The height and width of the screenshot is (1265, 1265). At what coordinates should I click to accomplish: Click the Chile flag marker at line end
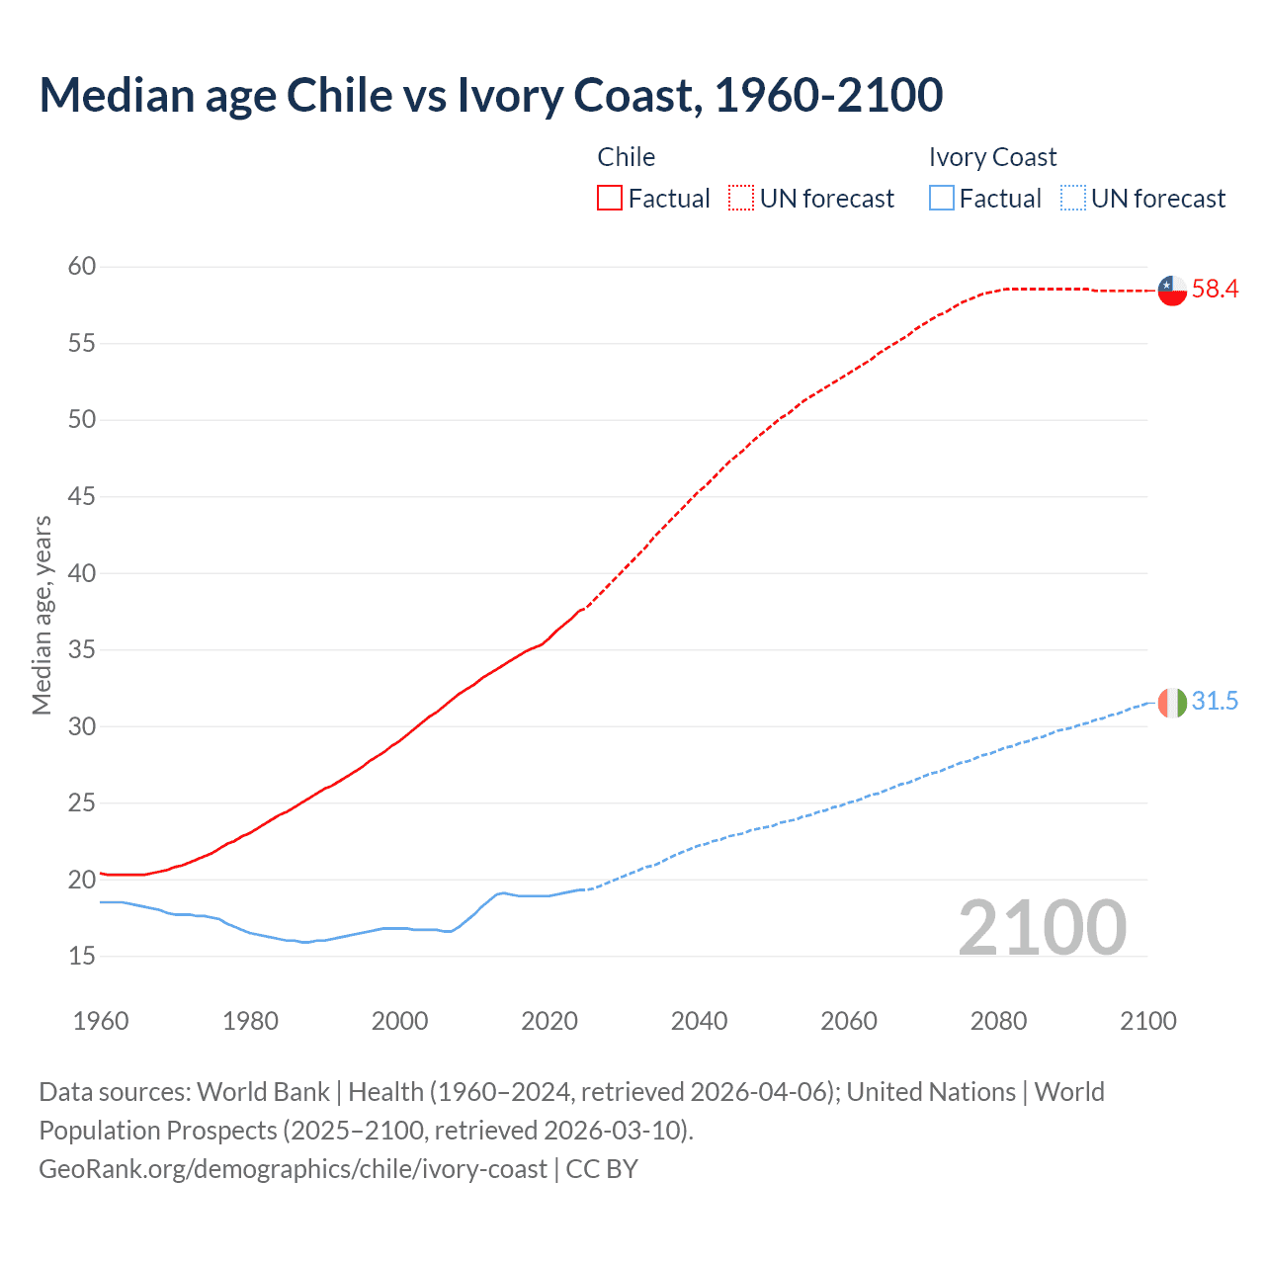pyautogui.click(x=1172, y=290)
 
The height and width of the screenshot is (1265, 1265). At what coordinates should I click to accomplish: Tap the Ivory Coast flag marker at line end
pyautogui.click(x=1172, y=702)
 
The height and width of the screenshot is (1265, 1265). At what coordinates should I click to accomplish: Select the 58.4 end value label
pyautogui.click(x=1215, y=290)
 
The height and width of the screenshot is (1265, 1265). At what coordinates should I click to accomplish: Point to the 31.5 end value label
pyautogui.click(x=1215, y=702)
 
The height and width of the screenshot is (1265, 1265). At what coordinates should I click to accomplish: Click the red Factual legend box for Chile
pyautogui.click(x=610, y=199)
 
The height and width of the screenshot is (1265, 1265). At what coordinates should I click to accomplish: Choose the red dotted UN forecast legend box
pyautogui.click(x=741, y=199)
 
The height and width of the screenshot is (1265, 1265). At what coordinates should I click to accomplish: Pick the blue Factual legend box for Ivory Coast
pyautogui.click(x=942, y=199)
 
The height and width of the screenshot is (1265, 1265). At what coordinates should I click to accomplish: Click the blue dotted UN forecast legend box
pyautogui.click(x=1072, y=199)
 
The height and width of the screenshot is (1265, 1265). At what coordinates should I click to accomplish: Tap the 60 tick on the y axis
pyautogui.click(x=82, y=267)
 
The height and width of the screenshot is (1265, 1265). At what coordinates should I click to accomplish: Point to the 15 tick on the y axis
pyautogui.click(x=82, y=956)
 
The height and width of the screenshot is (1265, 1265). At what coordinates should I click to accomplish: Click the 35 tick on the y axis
pyautogui.click(x=82, y=650)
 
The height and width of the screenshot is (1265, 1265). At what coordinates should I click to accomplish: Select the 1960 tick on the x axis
pyautogui.click(x=101, y=1021)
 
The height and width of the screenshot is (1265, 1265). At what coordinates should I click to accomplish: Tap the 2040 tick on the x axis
pyautogui.click(x=699, y=1021)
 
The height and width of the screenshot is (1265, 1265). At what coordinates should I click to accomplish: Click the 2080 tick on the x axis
pyautogui.click(x=998, y=1021)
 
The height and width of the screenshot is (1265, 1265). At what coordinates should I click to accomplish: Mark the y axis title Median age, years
pyautogui.click(x=42, y=615)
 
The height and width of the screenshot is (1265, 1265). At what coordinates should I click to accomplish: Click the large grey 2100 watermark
pyautogui.click(x=1042, y=927)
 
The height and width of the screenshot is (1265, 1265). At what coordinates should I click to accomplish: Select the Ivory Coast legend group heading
pyautogui.click(x=992, y=157)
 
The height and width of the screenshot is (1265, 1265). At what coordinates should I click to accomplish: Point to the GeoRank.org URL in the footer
pyautogui.click(x=293, y=1169)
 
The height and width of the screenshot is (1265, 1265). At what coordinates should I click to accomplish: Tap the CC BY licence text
pyautogui.click(x=602, y=1169)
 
